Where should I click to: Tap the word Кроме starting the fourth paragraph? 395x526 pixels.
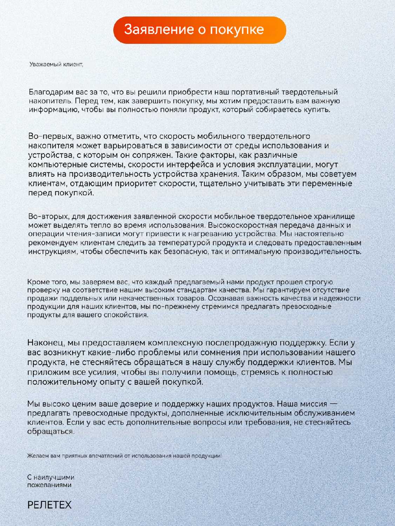click(x=36, y=282)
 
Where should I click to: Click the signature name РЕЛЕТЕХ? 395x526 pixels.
click(x=49, y=505)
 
